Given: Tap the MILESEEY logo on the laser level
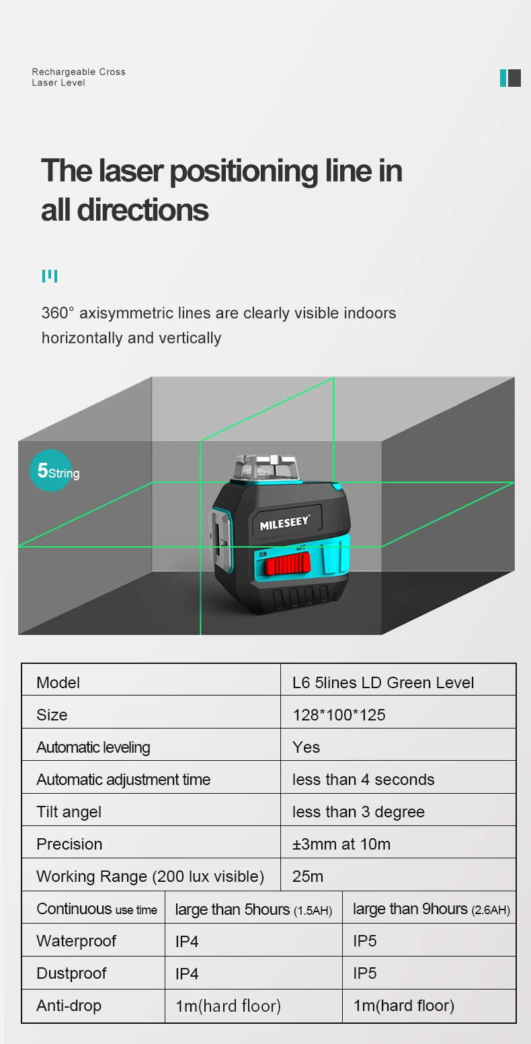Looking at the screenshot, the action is (284, 523).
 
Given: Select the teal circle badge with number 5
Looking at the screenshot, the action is (51, 471).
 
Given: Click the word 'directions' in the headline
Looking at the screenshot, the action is (143, 210).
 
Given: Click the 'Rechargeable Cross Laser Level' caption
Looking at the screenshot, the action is (79, 77).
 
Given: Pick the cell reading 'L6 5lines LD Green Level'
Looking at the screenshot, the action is (383, 683).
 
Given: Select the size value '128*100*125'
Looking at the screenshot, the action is (339, 715).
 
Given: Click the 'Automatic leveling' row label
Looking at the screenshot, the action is (93, 747).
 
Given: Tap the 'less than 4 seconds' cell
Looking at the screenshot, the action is (363, 780).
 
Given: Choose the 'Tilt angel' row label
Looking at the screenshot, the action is (69, 812).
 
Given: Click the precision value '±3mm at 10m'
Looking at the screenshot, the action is (341, 844).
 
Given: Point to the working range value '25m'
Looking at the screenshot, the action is (308, 877).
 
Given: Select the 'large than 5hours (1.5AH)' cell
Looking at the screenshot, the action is (253, 909).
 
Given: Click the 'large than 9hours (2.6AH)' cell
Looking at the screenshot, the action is (431, 909).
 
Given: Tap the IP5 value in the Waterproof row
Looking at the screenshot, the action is (365, 941).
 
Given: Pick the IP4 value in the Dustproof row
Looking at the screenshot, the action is (187, 973).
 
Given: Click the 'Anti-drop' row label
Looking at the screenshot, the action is (69, 1006).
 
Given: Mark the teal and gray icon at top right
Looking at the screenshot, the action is (510, 78).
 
